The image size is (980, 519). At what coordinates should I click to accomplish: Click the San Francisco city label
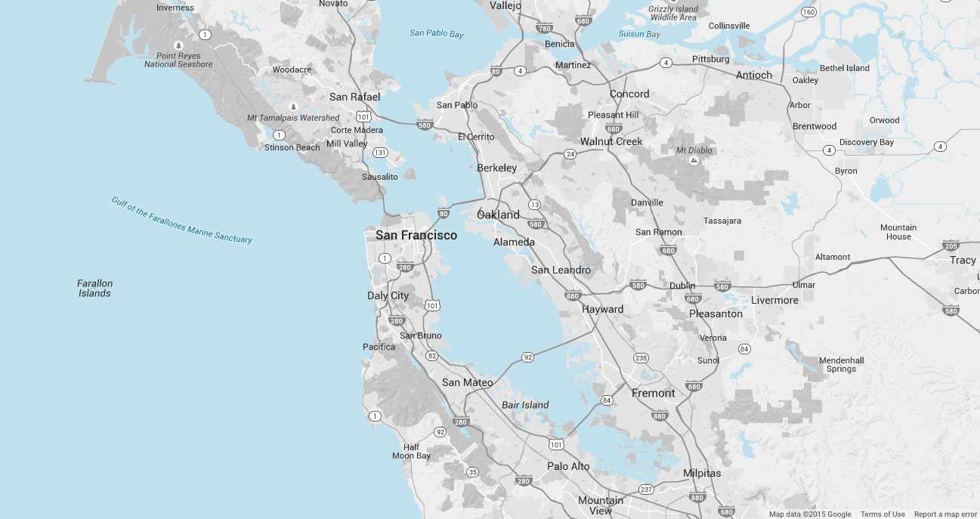click(x=416, y=236)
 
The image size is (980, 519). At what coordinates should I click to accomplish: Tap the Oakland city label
click(x=498, y=215)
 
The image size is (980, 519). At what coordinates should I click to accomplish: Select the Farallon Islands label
click(x=94, y=288)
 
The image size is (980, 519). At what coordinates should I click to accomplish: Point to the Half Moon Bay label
click(x=411, y=451)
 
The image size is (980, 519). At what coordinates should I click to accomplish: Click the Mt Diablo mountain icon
click(x=692, y=160)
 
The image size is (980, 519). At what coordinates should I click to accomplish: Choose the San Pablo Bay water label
click(x=437, y=34)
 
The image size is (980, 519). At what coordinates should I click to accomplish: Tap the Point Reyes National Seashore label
click(x=178, y=60)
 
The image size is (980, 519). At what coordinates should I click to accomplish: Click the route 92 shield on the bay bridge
click(x=527, y=357)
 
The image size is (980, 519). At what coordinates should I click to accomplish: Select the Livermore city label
click(x=774, y=300)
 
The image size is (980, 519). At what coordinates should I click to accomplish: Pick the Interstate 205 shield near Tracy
click(x=951, y=246)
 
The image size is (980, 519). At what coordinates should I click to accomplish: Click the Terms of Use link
click(x=883, y=514)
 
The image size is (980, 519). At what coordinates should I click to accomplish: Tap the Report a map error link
click(x=945, y=514)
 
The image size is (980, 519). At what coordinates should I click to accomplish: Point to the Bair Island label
click(x=525, y=405)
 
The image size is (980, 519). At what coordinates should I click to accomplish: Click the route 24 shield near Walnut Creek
click(x=570, y=154)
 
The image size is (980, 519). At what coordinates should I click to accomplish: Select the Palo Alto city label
click(x=568, y=466)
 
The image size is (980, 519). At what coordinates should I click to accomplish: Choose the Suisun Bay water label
click(x=639, y=35)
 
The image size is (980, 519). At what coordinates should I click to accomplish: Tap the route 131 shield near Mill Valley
click(x=380, y=153)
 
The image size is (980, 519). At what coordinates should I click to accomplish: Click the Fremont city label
click(x=653, y=393)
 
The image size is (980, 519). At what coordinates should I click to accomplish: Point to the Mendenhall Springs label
click(x=841, y=365)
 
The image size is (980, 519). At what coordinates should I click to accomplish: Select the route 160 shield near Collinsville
click(x=808, y=11)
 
